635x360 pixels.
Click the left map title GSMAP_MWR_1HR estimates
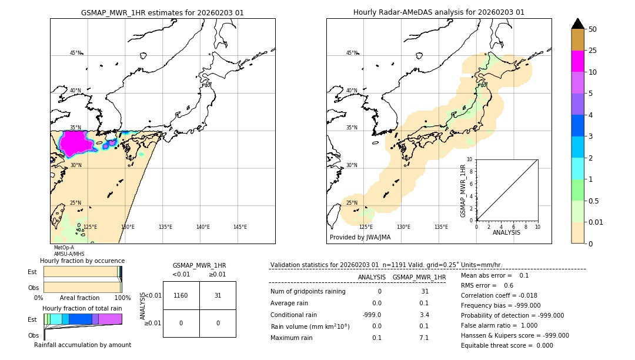[162, 12]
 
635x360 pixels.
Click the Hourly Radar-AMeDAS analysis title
[439, 12]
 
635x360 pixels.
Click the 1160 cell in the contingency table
[181, 295]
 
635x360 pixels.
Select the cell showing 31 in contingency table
[218, 295]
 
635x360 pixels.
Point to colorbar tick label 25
[593, 51]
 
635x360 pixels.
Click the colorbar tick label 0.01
[596, 222]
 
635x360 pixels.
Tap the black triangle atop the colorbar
[578, 24]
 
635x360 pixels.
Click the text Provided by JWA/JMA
[360, 238]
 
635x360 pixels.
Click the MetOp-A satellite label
[64, 248]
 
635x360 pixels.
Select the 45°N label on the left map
[75, 53]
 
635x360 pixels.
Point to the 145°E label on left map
[240, 227]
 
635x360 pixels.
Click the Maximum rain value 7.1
[424, 338]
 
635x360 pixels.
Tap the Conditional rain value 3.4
[424, 314]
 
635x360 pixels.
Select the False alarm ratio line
[499, 325]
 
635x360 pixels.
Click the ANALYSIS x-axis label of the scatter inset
[506, 232]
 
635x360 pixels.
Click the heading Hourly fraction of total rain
[82, 308]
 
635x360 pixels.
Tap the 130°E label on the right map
[403, 227]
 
